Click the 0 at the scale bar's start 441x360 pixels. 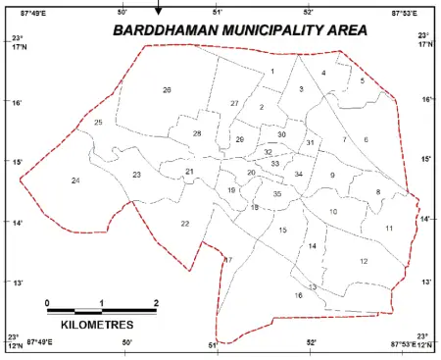coord(47,301)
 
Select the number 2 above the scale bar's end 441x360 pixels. coord(156,301)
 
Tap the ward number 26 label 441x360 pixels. coord(167,90)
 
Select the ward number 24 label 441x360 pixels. coord(75,180)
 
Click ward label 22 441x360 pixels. coord(184,225)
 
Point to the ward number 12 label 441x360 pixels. coord(363,261)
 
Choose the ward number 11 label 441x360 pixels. coord(389,229)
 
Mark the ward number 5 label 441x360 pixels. coord(362,80)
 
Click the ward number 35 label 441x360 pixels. coord(277,194)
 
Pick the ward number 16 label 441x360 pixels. coord(298,295)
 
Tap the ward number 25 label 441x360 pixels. coord(98,123)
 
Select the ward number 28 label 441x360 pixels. coord(197,133)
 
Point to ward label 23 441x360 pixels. coord(137,175)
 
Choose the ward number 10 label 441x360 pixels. coord(333,212)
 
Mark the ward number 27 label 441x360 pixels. coord(235,103)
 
